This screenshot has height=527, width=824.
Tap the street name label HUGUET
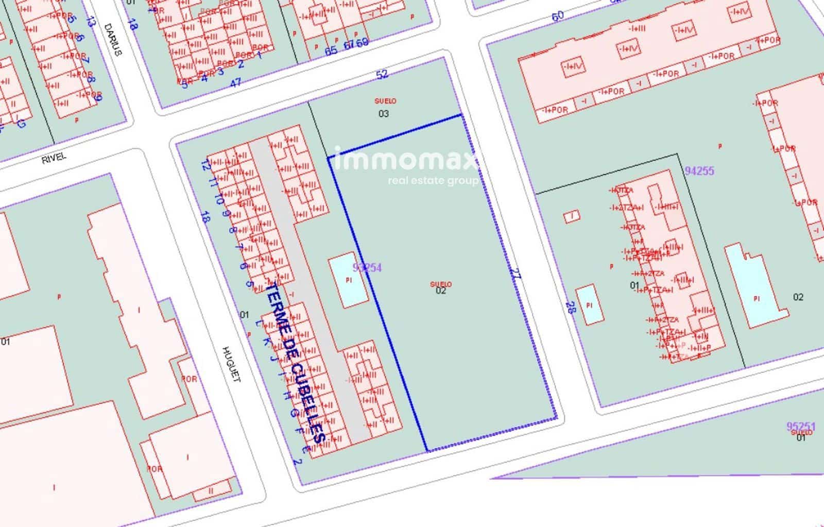231,364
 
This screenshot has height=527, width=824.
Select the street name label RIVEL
54,157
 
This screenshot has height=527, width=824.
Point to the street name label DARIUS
113,39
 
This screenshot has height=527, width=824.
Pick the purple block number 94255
699,171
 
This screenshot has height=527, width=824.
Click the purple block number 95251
801,427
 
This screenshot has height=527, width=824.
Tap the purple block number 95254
368,267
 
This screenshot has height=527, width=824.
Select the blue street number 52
382,75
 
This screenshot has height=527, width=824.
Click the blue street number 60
558,16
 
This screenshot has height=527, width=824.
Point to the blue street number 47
235,82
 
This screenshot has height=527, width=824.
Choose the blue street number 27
516,274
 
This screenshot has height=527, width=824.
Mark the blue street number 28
570,308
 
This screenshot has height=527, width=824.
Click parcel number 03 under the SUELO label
384,114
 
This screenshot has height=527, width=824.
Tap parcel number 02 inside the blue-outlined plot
441,291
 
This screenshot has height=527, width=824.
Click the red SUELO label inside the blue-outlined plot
441,284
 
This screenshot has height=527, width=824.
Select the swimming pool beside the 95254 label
349,280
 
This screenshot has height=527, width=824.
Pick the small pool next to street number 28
590,304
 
